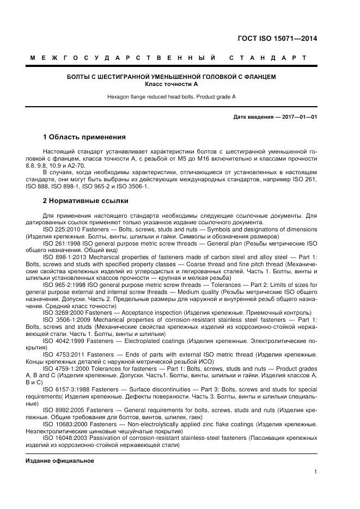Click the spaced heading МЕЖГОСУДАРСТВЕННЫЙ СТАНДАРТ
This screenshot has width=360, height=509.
[168, 58]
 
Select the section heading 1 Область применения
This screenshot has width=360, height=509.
[84, 137]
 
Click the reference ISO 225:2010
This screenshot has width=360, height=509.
[60, 230]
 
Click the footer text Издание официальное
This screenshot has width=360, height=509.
[60, 461]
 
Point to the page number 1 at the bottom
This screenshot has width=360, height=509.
[315, 472]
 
